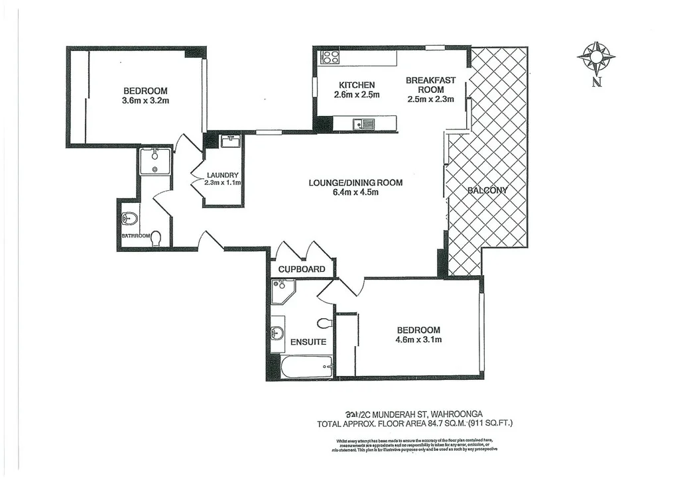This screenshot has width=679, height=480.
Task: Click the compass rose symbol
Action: pyautogui.click(x=596, y=58)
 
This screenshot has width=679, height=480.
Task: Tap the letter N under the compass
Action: pyautogui.click(x=597, y=83)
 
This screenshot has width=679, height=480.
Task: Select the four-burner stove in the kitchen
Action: pyautogui.click(x=330, y=58)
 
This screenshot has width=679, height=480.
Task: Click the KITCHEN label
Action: pyautogui.click(x=357, y=85)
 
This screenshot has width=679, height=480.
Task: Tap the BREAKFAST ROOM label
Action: pyautogui.click(x=430, y=85)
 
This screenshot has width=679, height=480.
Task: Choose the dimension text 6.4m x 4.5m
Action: pyautogui.click(x=355, y=193)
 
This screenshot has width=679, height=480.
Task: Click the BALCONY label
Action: pyautogui.click(x=487, y=190)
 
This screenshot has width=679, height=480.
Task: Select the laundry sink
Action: pyautogui.click(x=231, y=141)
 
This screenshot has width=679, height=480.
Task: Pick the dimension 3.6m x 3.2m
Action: pyautogui.click(x=145, y=101)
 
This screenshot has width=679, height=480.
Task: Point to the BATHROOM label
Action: pyautogui.click(x=136, y=235)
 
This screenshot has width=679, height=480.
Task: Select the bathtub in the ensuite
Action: pyautogui.click(x=306, y=367)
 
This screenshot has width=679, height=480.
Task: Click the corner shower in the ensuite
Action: pyautogui.click(x=282, y=290)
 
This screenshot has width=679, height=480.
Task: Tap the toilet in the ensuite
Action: pyautogui.click(x=324, y=323)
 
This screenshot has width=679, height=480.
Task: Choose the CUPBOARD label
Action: pyautogui.click(x=302, y=269)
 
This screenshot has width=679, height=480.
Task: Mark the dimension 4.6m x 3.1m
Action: pyautogui.click(x=418, y=340)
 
